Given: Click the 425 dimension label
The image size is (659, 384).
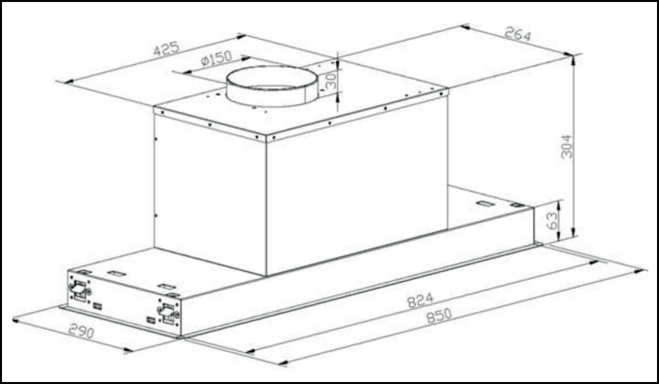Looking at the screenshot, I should coord(166,49).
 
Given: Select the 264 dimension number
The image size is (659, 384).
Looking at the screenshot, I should coord(517,34).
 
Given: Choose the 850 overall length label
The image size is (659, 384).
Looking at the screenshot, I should coord(438,316).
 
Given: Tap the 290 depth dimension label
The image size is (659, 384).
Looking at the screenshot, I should coord(80,331).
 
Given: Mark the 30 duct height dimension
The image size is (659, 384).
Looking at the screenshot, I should coord(330,80).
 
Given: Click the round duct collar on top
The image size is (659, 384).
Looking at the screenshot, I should coord(272,86).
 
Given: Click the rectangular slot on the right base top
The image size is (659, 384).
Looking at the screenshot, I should coord(484,203).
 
